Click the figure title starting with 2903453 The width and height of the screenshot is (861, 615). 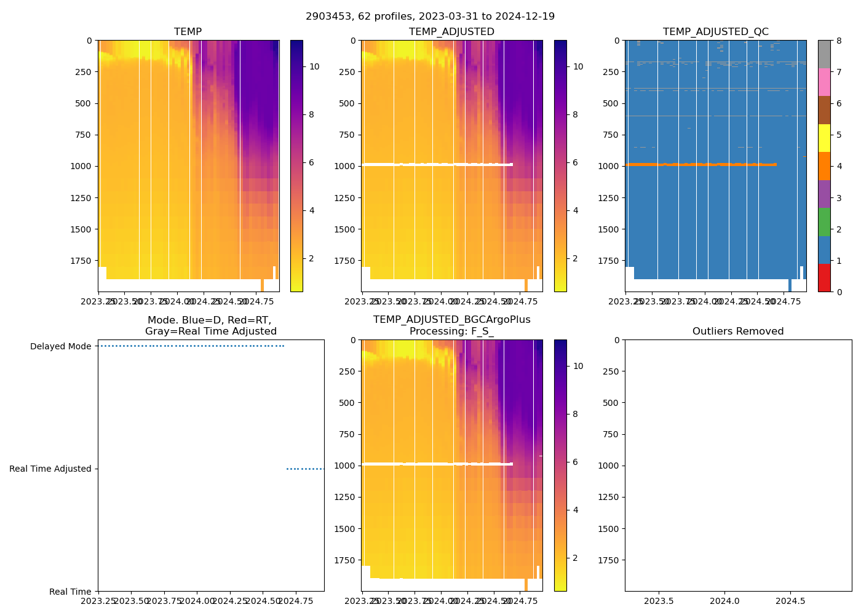[430, 17]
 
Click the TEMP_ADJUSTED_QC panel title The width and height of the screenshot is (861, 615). [715, 32]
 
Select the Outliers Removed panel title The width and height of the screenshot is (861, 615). [738, 331]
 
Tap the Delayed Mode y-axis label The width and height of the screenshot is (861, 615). [60, 346]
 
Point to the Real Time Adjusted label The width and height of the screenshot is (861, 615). [50, 469]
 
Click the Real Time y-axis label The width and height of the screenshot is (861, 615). [70, 592]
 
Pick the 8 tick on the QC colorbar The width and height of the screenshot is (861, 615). [839, 41]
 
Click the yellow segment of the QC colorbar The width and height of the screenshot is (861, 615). [824, 138]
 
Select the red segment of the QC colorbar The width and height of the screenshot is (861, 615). [824, 277]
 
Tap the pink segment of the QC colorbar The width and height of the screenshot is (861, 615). [824, 82]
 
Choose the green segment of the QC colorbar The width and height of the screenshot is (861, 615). [824, 221]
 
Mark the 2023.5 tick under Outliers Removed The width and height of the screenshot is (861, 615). [659, 600]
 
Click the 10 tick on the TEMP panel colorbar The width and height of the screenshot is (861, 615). [314, 66]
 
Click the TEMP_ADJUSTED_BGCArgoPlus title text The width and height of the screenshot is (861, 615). [451, 320]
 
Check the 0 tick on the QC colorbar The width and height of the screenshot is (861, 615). [839, 292]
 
